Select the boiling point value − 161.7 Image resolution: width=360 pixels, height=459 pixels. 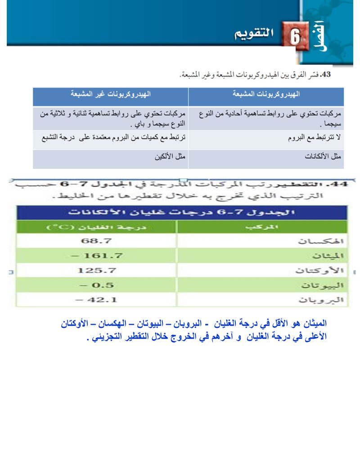pos(97,256)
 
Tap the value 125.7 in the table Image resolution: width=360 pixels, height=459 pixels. pos(97,271)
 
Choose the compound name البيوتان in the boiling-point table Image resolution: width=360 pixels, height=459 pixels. pos(328,286)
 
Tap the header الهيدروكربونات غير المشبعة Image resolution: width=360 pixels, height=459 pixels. pos(110,95)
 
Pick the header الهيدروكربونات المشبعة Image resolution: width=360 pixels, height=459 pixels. pos(266,95)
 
